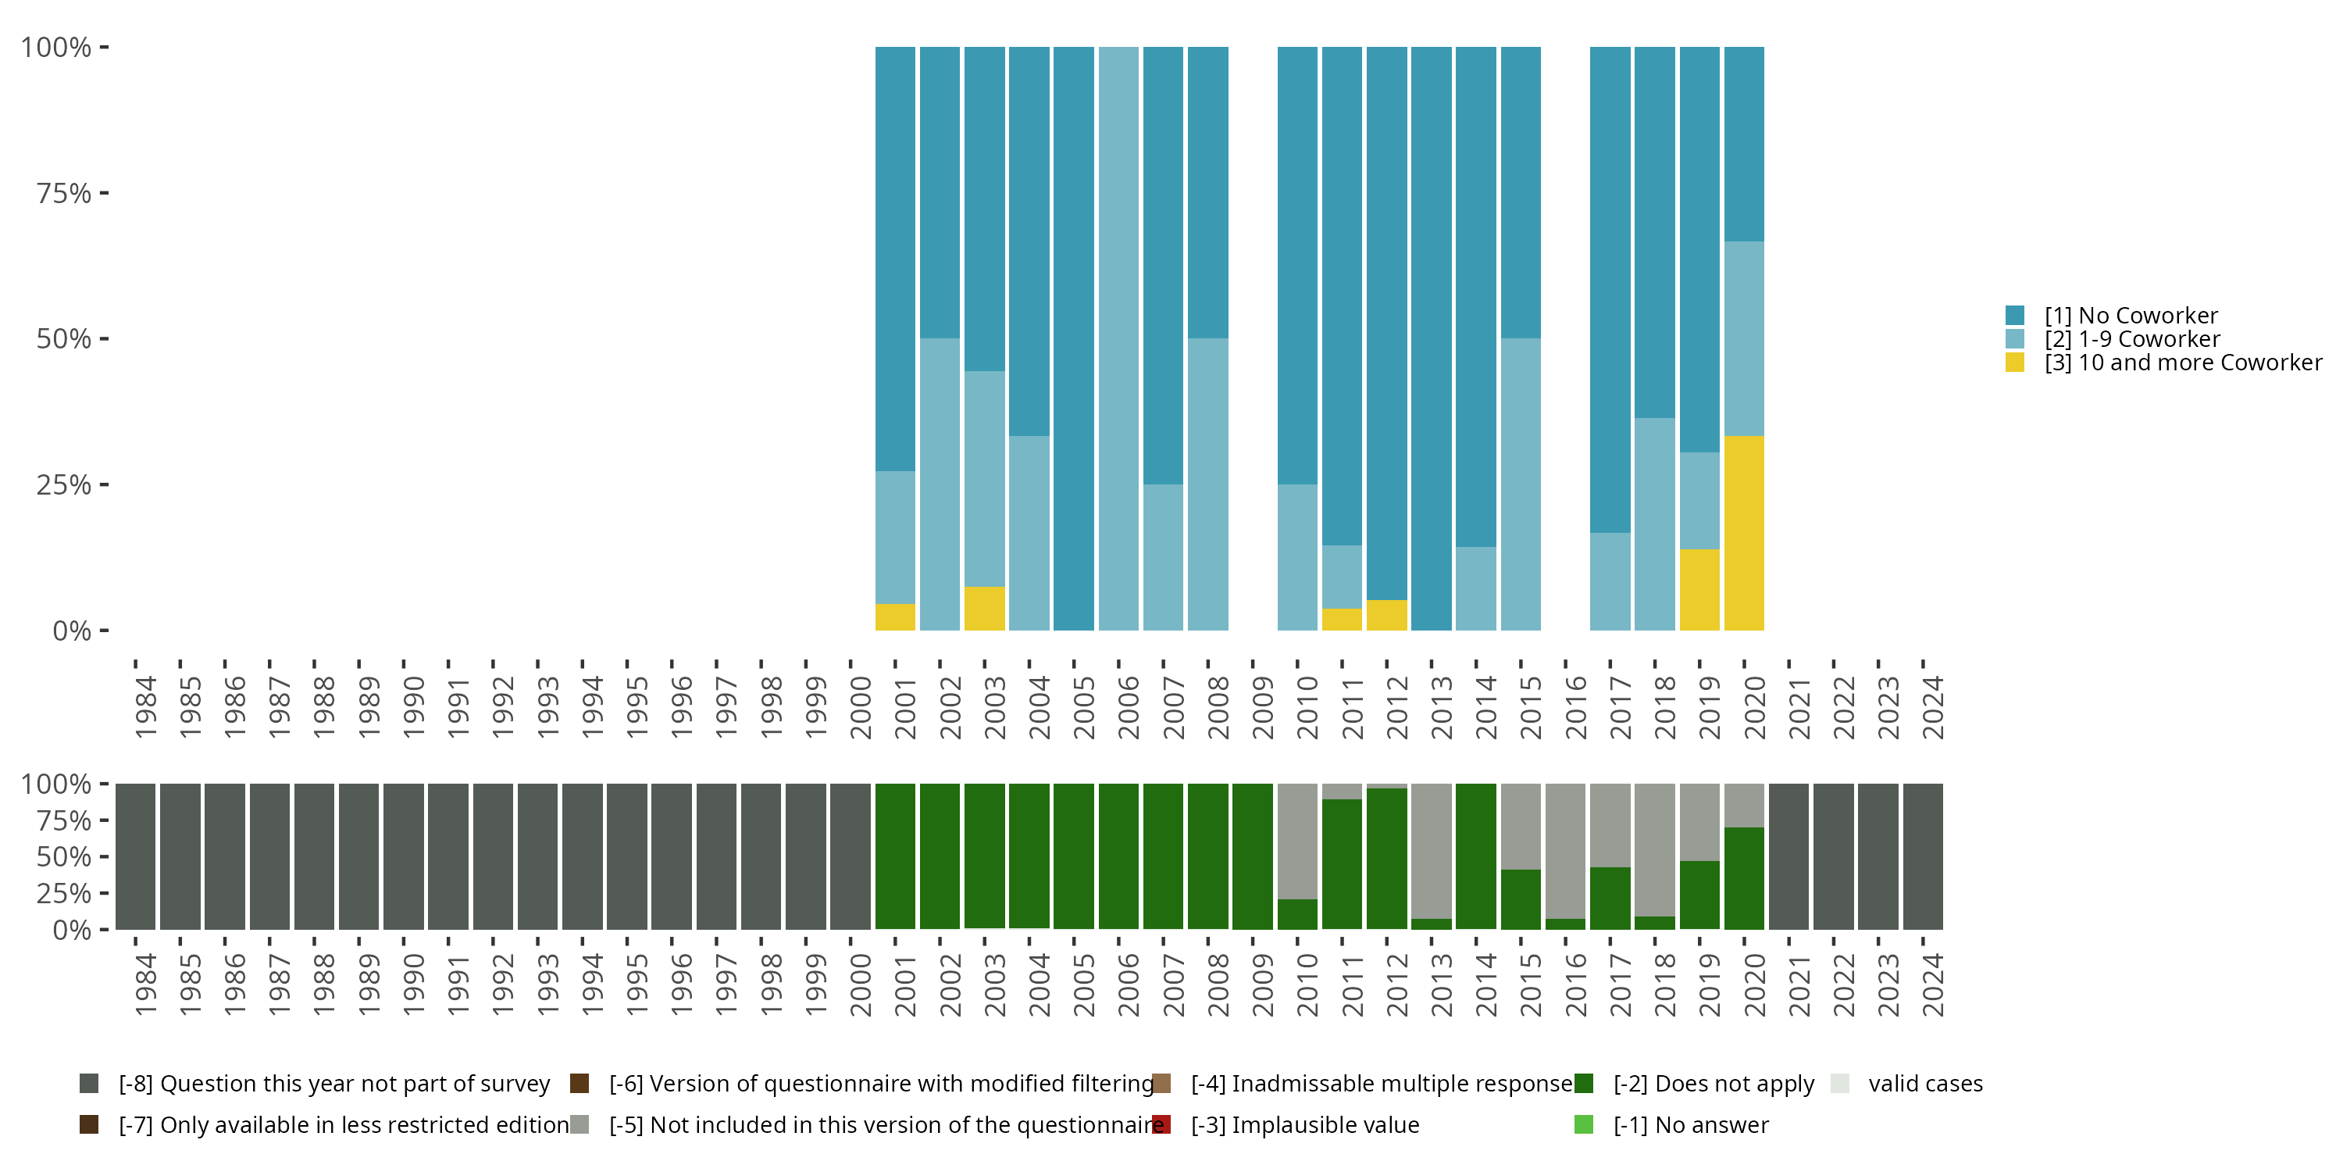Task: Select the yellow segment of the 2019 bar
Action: click(x=1699, y=590)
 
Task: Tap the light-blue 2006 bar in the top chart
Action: click(x=1118, y=338)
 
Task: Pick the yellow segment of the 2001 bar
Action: click(x=895, y=617)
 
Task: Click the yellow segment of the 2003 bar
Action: click(x=984, y=609)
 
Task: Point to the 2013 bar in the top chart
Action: click(x=1431, y=338)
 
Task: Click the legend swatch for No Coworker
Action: click(x=2015, y=316)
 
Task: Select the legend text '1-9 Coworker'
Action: click(x=2132, y=339)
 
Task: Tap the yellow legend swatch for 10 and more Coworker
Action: click(x=2015, y=363)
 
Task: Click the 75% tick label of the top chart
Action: click(x=64, y=193)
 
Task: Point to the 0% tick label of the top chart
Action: click(x=72, y=631)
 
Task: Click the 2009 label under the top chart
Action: click(x=1262, y=707)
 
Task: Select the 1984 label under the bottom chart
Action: click(x=145, y=984)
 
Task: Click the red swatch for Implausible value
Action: click(x=1161, y=1124)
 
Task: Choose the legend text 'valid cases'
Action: click(x=1924, y=1084)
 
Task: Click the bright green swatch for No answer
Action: click(x=1584, y=1124)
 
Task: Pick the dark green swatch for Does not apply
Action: click(x=1584, y=1084)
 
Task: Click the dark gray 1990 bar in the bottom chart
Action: click(x=404, y=856)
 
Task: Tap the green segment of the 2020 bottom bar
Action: click(x=1744, y=878)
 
